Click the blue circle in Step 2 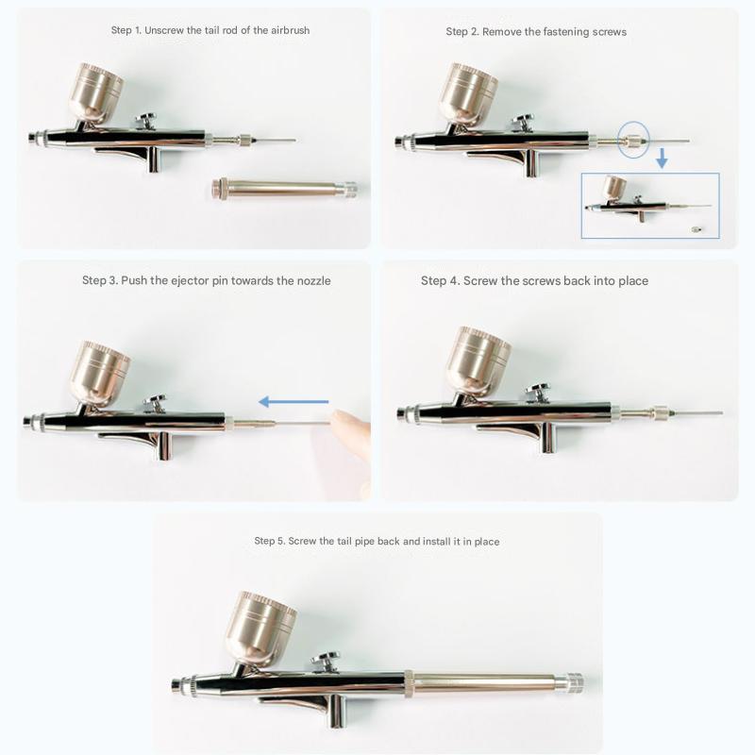(x=633, y=140)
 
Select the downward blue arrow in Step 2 (x=663, y=158)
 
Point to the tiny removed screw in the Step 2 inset (x=695, y=229)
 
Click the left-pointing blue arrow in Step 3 (x=294, y=402)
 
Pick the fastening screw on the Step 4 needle (x=660, y=412)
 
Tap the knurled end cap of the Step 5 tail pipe (x=575, y=683)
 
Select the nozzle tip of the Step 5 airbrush (x=177, y=684)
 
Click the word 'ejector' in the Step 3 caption (x=190, y=280)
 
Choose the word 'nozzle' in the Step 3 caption (x=313, y=280)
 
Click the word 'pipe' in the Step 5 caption (x=364, y=542)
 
